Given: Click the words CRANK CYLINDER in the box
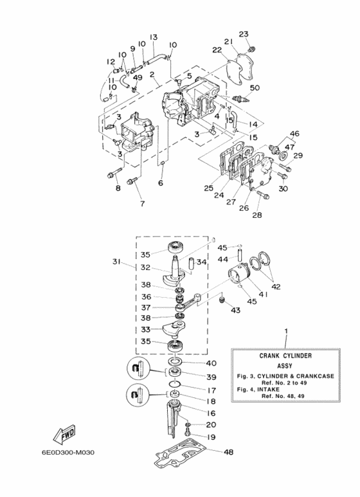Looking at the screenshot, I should pyautogui.click(x=285, y=355).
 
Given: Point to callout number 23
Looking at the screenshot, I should pyautogui.click(x=244, y=34).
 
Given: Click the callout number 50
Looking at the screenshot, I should pyautogui.click(x=255, y=87).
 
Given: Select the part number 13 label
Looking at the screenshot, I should pyautogui.click(x=154, y=37).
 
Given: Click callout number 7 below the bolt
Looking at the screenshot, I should pyautogui.click(x=142, y=204).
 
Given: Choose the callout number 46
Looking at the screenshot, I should pyautogui.click(x=294, y=134).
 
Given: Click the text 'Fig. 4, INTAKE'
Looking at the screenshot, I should pyautogui.click(x=263, y=390).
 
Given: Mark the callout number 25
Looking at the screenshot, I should pyautogui.click(x=208, y=188).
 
